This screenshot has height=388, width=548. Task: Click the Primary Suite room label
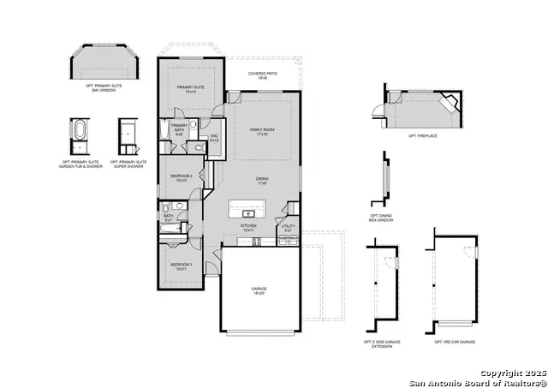pos(191,89)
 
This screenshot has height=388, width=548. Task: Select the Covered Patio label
pos(262,75)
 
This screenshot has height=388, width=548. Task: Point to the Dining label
pos(262,181)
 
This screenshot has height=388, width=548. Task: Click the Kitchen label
pos(248,228)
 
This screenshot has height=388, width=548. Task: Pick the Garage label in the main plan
pos(259,291)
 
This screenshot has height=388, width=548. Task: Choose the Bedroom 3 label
pos(180,266)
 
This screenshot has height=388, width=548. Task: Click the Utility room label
pos(289,228)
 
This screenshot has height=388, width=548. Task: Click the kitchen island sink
pos(249,212)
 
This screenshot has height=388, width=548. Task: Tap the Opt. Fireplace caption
pos(424,136)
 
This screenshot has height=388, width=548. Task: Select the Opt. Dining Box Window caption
pos(382,218)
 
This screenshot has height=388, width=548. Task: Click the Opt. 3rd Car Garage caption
pos(455,342)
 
